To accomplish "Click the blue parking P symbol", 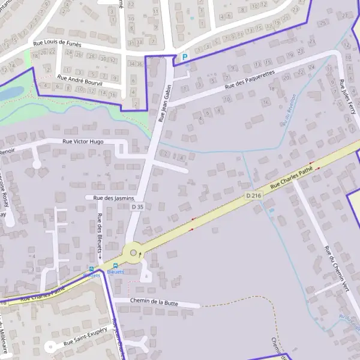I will [185, 58].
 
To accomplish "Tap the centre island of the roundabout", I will [133, 252].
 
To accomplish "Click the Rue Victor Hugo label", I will [84, 142].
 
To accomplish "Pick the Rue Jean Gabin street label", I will [165, 104].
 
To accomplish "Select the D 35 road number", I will [138, 206].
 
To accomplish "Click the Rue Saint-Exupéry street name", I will [85, 341].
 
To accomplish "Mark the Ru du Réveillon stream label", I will [289, 110].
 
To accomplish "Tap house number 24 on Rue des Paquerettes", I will [311, 67].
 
